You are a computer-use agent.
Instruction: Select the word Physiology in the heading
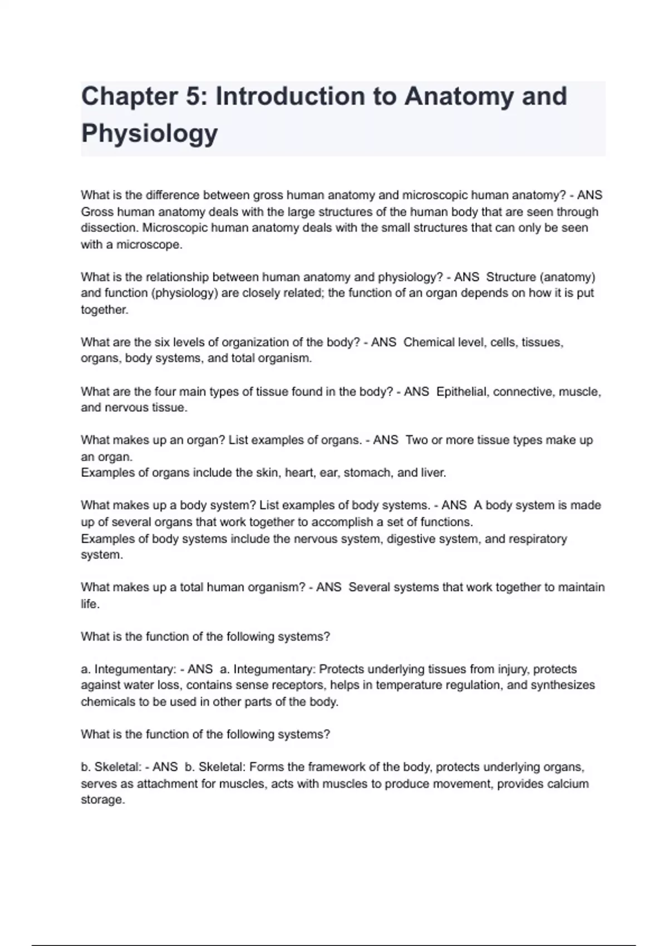point(149,134)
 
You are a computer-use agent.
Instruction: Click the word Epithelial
point(461,392)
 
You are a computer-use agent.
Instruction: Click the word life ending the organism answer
point(89,604)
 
